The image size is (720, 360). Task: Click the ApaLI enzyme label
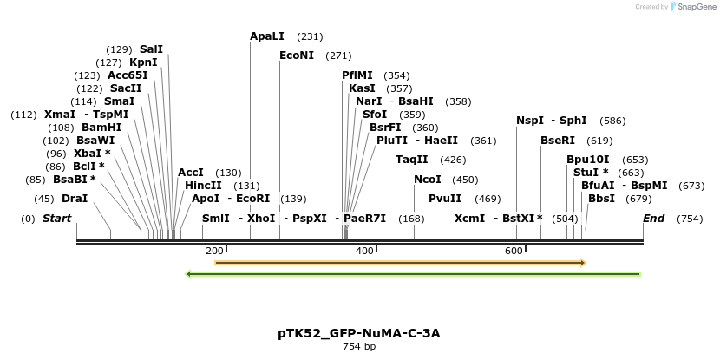[267, 36]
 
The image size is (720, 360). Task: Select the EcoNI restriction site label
[297, 56]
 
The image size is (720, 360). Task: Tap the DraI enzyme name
[75, 199]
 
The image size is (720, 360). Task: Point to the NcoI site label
[428, 180]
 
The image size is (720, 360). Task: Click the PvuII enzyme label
[445, 199]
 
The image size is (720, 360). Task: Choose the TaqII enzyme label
[412, 160]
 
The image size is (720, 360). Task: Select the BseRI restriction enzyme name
[558, 140]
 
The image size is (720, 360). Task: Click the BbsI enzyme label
[601, 199]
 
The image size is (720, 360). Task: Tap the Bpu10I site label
[588, 160]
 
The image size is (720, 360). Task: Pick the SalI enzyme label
[151, 49]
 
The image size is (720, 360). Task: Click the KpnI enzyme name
[143, 62]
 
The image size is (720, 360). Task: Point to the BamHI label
[101, 128]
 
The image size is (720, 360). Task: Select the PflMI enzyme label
[357, 75]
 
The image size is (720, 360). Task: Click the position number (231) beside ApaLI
[310, 36]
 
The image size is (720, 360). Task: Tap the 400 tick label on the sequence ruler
[364, 251]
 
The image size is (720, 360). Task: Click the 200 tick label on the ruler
[214, 251]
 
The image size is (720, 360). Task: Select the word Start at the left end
[56, 219]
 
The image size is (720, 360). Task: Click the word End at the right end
[654, 219]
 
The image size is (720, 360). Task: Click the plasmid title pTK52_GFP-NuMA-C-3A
[359, 333]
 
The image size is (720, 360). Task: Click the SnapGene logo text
[697, 7]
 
